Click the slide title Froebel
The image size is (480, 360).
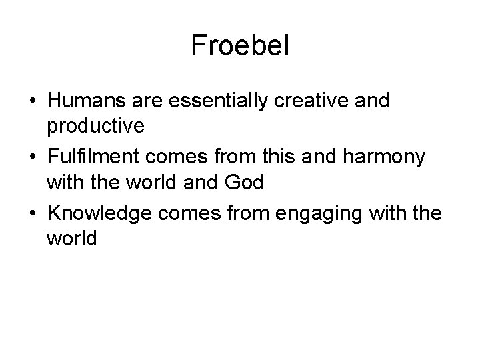point(240,45)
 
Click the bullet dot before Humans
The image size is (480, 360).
point(32,101)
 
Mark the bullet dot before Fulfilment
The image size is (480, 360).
point(32,158)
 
